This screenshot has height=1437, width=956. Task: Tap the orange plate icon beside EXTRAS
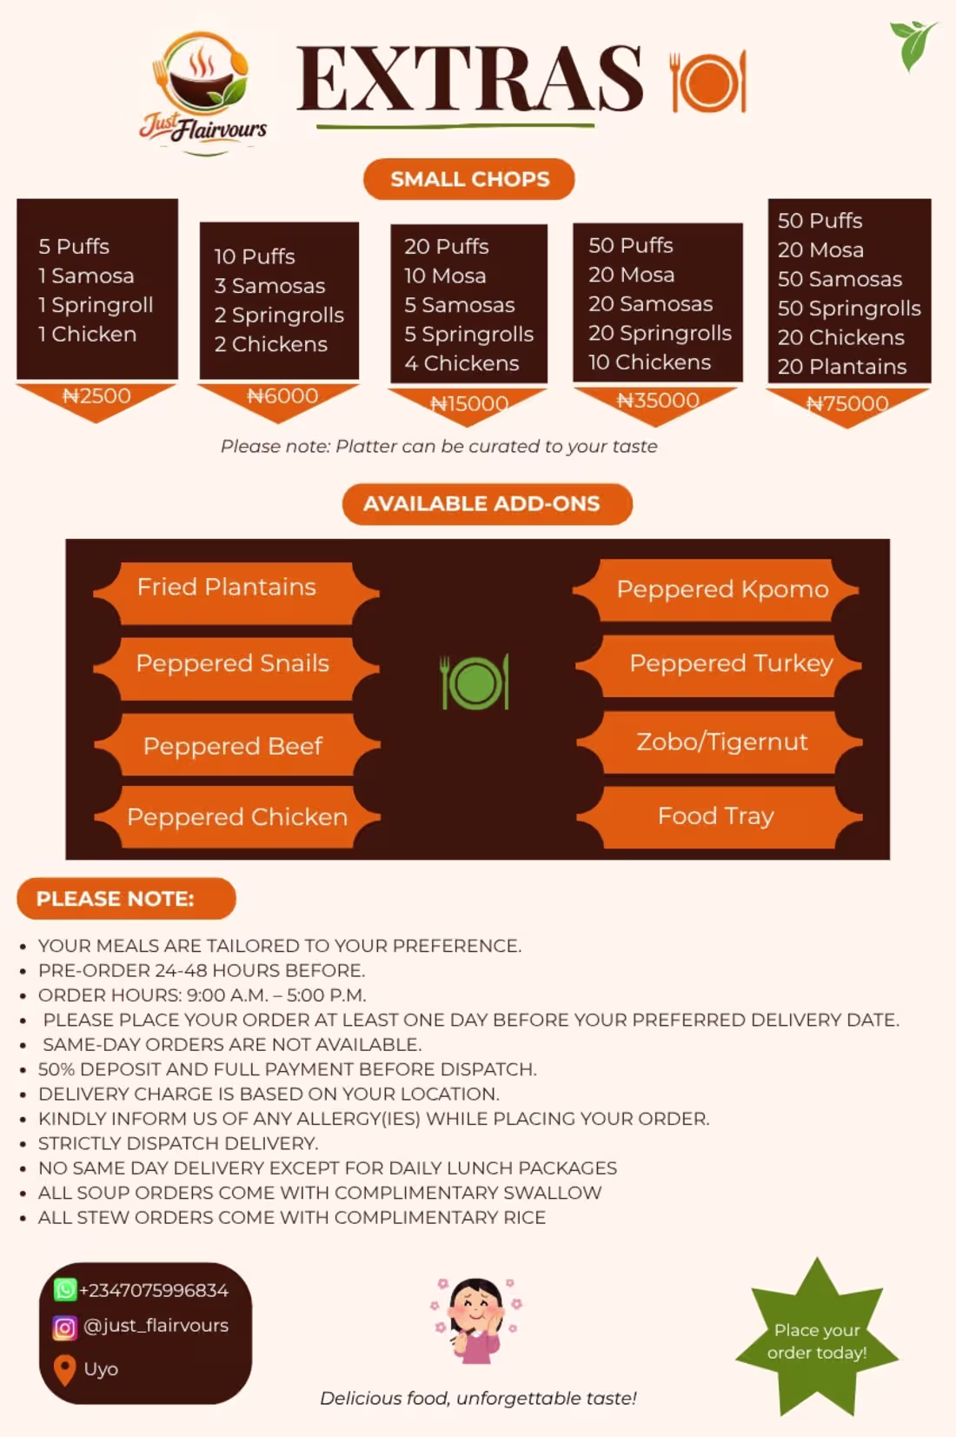click(707, 82)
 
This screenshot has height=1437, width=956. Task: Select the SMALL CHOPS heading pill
click(468, 179)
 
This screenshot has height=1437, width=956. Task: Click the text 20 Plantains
click(842, 366)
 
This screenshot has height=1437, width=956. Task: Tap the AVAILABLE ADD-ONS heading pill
click(488, 503)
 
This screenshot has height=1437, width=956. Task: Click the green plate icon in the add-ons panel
click(475, 682)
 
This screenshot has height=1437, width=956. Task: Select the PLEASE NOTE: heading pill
click(126, 898)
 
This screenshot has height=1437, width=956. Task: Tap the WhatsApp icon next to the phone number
click(65, 1289)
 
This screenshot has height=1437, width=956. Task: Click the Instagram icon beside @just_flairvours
click(64, 1327)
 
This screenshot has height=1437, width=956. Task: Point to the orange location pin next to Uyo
click(64, 1370)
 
